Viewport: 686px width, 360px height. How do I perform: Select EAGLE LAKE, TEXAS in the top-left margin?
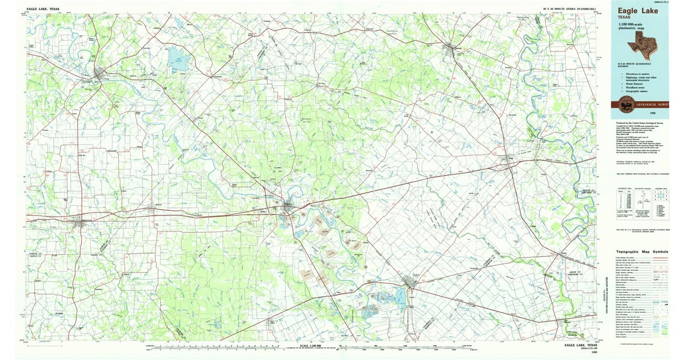[42, 9]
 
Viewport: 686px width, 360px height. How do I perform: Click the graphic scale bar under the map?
[309, 350]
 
